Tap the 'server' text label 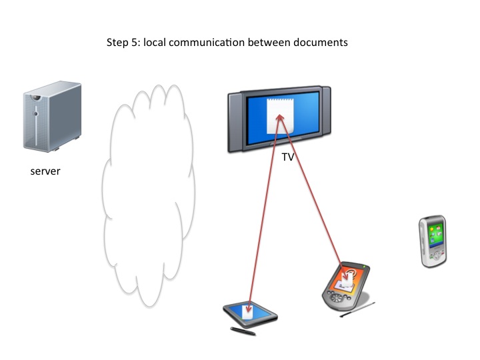45,172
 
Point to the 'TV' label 288,159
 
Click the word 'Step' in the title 117,43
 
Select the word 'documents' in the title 323,43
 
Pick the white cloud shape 148,190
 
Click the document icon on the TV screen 279,115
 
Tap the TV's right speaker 325,119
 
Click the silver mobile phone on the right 431,241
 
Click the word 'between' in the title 274,43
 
